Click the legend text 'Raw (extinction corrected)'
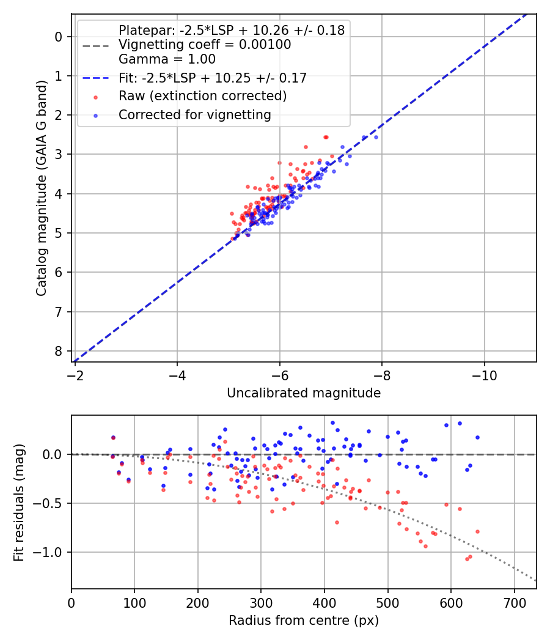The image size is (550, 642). pyautogui.click(x=202, y=96)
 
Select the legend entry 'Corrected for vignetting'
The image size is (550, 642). pyautogui.click(x=194, y=114)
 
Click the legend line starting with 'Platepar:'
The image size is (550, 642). pyautogui.click(x=232, y=30)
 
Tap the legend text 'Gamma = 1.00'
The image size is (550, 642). pyautogui.click(x=167, y=59)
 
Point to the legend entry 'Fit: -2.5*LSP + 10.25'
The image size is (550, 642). pyautogui.click(x=213, y=78)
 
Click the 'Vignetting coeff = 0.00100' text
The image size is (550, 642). pyautogui.click(x=205, y=45)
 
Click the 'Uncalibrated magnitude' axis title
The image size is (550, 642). pyautogui.click(x=304, y=393)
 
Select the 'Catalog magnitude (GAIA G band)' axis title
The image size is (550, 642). pyautogui.click(x=41, y=187)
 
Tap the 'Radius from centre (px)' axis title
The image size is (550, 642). pyautogui.click(x=304, y=621)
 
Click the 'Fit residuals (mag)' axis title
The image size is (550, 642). pyautogui.click(x=19, y=503)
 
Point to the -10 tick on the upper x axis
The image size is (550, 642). pyautogui.click(x=485, y=372)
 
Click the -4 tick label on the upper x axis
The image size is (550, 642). pyautogui.click(x=177, y=372)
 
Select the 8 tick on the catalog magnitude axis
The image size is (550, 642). pyautogui.click(x=59, y=351)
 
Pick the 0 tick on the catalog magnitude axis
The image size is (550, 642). pyautogui.click(x=59, y=37)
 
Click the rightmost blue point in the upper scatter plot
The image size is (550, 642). pyautogui.click(x=376, y=137)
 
